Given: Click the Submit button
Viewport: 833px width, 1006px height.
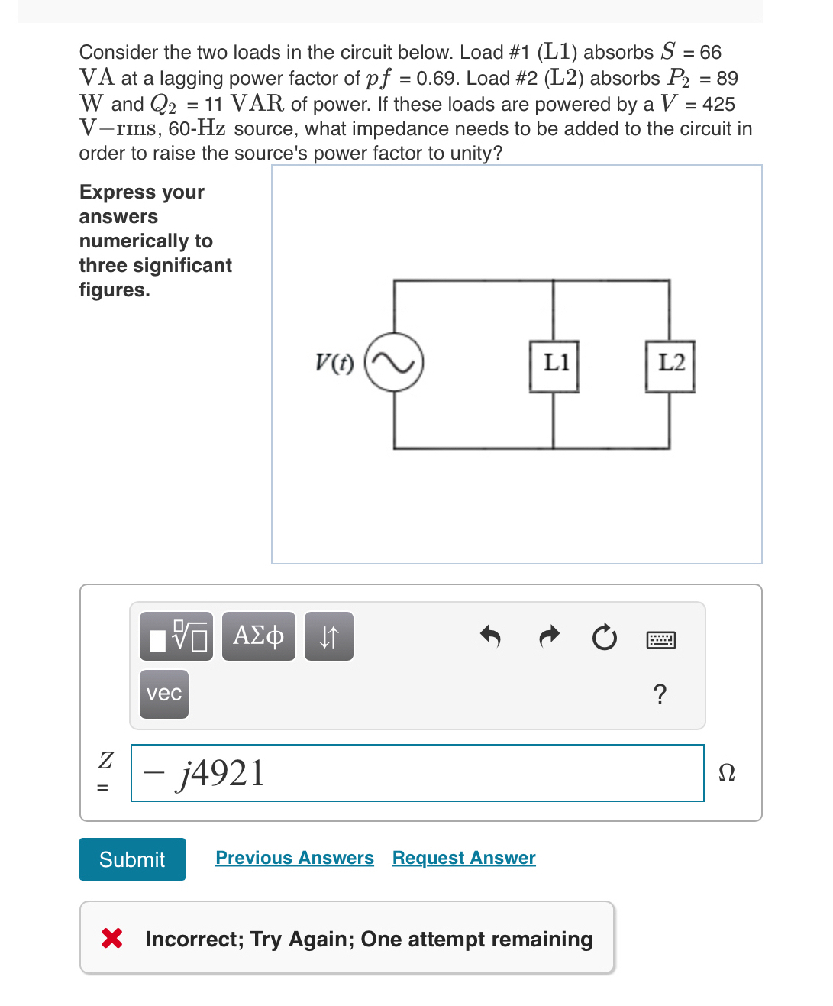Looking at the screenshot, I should pyautogui.click(x=132, y=859).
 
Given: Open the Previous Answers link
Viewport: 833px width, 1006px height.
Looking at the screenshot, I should pyautogui.click(x=295, y=858).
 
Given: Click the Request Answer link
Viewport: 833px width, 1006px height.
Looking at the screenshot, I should pyautogui.click(x=463, y=858).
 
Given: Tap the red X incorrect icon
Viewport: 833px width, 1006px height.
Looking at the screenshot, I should pyautogui.click(x=112, y=938).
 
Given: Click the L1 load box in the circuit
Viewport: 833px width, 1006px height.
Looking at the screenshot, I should pyautogui.click(x=554, y=366).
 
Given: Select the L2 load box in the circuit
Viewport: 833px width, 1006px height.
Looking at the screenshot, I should pyautogui.click(x=670, y=366).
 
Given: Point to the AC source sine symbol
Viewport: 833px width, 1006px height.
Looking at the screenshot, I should pyautogui.click(x=394, y=362).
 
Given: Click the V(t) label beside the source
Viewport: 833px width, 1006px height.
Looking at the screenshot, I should pyautogui.click(x=334, y=362).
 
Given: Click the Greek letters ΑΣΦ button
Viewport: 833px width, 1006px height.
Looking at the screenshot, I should pyautogui.click(x=258, y=636).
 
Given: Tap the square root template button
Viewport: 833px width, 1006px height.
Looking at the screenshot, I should pyautogui.click(x=176, y=636).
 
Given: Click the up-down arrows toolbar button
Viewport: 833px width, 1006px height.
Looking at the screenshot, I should pyautogui.click(x=328, y=636).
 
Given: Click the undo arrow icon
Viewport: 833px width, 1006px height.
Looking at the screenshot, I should pyautogui.click(x=490, y=636).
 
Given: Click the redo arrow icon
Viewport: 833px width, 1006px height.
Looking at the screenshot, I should pyautogui.click(x=549, y=636).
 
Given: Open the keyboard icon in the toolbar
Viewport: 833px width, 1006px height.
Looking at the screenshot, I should pyautogui.click(x=660, y=639).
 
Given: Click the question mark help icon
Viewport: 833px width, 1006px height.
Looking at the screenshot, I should pyautogui.click(x=660, y=694).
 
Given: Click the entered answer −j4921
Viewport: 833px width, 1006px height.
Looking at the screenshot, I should pyautogui.click(x=206, y=773).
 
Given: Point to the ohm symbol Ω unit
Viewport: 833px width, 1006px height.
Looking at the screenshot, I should pyautogui.click(x=727, y=773).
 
